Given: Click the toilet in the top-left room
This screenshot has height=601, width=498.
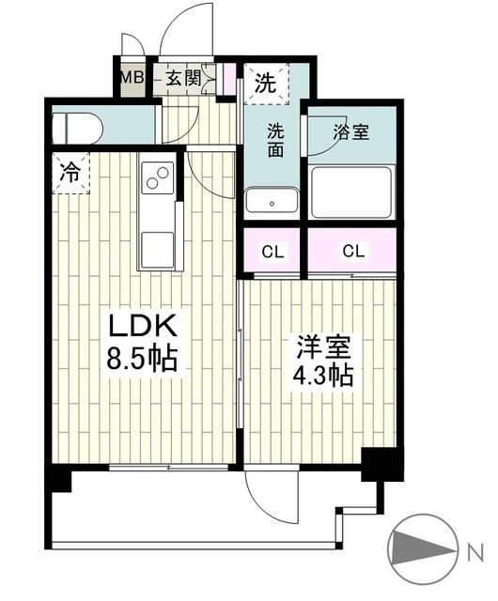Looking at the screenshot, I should (77, 126).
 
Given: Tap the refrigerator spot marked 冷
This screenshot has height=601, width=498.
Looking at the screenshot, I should (70, 173).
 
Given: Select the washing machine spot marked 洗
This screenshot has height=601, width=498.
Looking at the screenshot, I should (268, 82).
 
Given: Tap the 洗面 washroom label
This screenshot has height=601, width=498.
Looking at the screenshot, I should (273, 141).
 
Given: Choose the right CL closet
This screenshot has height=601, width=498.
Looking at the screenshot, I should (353, 252).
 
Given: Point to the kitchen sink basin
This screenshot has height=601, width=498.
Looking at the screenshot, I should (156, 246).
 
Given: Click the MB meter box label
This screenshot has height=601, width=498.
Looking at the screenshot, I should (132, 79).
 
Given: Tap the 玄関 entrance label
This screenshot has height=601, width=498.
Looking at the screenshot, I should (183, 79).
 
